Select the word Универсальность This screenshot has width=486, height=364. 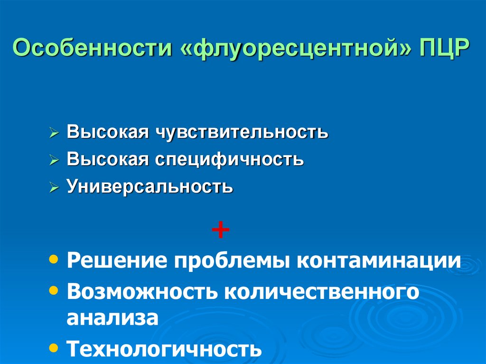pos(150,187)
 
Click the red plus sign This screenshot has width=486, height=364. pos(221,231)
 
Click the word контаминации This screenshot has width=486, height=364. pos(379,261)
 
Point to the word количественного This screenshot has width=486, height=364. pos(322,291)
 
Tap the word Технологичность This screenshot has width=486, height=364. pos(164,350)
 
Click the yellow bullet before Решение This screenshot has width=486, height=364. pos(55,260)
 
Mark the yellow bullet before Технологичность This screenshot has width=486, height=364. pos(55,347)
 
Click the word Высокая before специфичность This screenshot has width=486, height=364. pos(108,159)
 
